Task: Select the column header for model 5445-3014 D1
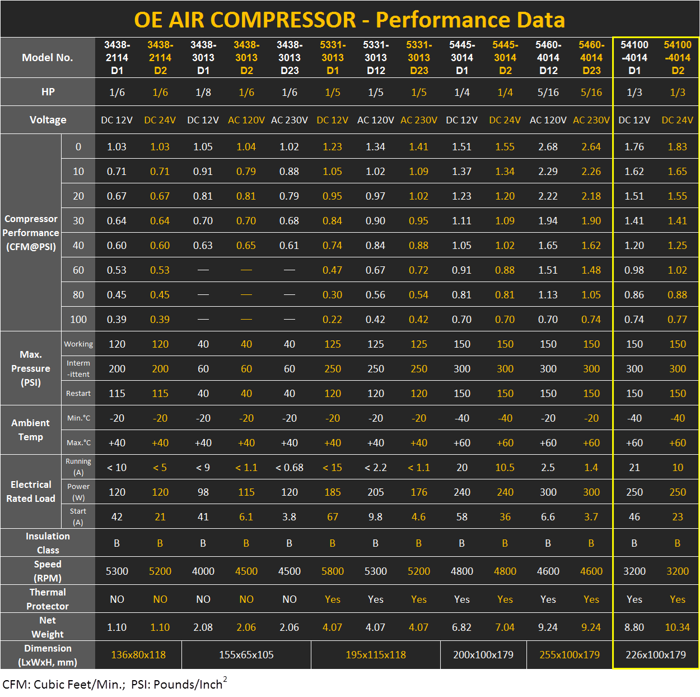click(x=462, y=57)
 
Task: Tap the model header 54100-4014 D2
click(x=678, y=57)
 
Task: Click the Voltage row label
click(x=48, y=120)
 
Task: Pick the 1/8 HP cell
click(x=203, y=93)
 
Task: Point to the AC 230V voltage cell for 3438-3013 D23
click(x=290, y=120)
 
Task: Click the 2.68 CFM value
click(x=548, y=147)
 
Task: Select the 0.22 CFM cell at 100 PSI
click(x=332, y=320)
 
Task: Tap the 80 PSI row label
click(x=78, y=295)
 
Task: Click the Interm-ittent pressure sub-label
click(x=78, y=369)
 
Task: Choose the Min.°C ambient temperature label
click(x=78, y=418)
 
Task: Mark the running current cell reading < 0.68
click(x=290, y=468)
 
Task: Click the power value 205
click(x=375, y=492)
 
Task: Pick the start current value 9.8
click(x=375, y=517)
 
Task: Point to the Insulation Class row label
click(x=48, y=543)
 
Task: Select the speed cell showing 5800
click(x=332, y=571)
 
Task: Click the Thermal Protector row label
click(x=48, y=599)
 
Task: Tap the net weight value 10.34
click(x=677, y=627)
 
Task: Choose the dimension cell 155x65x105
click(x=246, y=655)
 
